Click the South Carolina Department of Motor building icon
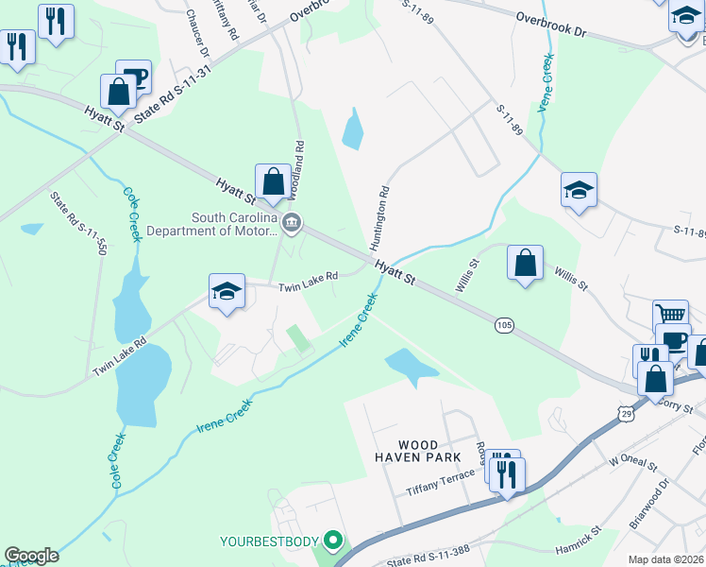tap(292, 223)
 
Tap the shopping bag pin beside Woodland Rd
tap(273, 180)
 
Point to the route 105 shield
tap(504, 325)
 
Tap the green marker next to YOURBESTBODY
tap(331, 541)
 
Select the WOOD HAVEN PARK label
tap(417, 451)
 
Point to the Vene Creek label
tap(545, 84)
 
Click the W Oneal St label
tap(631, 460)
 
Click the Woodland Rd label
tap(299, 169)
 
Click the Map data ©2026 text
tap(665, 559)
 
